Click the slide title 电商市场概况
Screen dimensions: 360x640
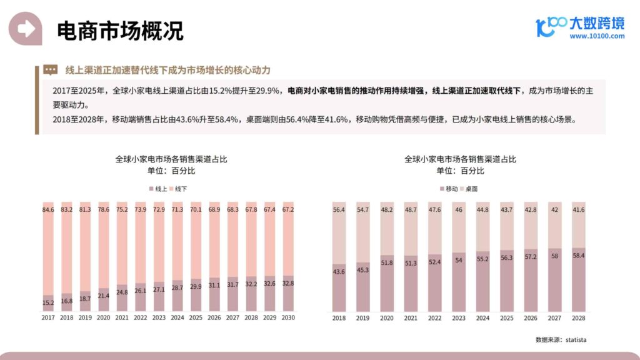point(120,30)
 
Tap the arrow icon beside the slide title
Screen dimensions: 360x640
point(25,28)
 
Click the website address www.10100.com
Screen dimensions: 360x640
point(597,36)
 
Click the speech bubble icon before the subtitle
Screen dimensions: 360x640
point(51,69)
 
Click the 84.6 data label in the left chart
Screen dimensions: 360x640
point(48,209)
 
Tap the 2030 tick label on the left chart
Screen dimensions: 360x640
point(288,317)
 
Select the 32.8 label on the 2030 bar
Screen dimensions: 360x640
point(288,282)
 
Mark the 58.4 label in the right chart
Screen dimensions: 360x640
point(579,255)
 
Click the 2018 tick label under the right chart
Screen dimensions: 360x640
point(339,317)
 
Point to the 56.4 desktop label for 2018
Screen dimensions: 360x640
point(339,209)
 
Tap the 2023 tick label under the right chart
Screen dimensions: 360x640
point(459,317)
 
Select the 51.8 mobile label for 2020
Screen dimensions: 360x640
point(387,262)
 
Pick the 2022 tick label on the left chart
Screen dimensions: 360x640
point(141,317)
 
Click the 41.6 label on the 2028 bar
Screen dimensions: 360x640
point(579,209)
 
